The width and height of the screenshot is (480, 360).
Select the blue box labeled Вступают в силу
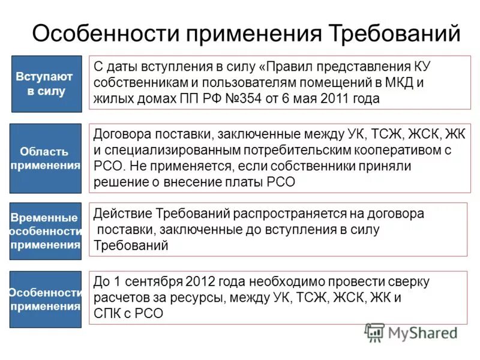point(46,84)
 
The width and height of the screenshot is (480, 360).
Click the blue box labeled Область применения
point(45,158)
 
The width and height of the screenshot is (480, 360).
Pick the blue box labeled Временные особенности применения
point(45,231)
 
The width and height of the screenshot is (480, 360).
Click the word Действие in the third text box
point(122,214)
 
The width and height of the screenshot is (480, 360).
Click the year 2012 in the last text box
point(200,281)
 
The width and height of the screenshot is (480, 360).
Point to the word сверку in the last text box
point(408,281)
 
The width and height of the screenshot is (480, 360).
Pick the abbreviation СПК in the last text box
point(107,313)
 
